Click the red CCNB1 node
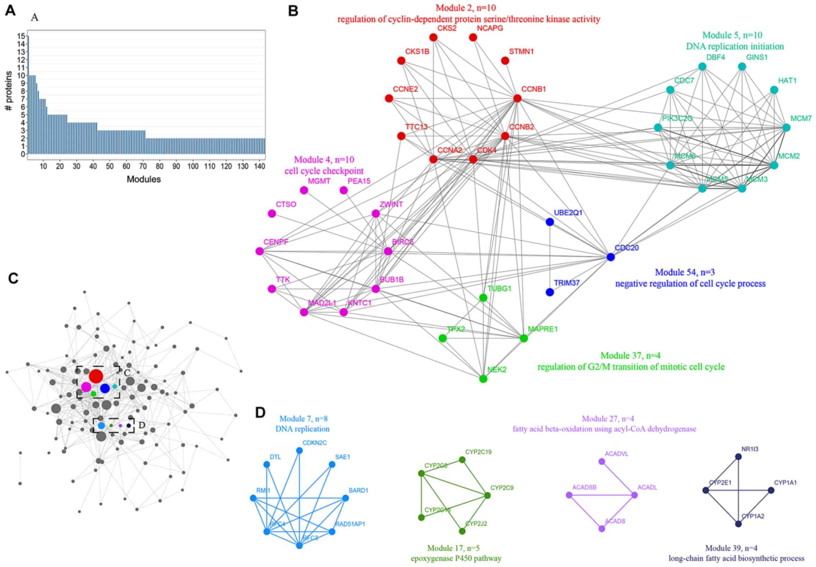pyautogui.click(x=517, y=98)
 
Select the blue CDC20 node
pyautogui.click(x=611, y=257)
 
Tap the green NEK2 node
pyautogui.click(x=483, y=379)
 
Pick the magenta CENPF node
pyautogui.click(x=259, y=252)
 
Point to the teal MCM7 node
pyautogui.click(x=786, y=128)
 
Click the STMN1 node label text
pyautogui.click(x=521, y=52)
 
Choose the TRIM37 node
pyautogui.click(x=550, y=292)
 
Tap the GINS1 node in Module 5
pyautogui.click(x=742, y=67)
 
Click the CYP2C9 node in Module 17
pyautogui.click(x=488, y=495)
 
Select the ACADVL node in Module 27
pyautogui.click(x=602, y=462)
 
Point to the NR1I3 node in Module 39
pyautogui.click(x=738, y=457)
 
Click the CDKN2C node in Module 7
pyautogui.click(x=299, y=451)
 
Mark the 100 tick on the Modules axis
pyautogui.click(x=193, y=166)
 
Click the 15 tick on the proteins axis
pyautogui.click(x=22, y=36)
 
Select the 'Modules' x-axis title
pyautogui.click(x=144, y=179)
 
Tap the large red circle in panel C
pyautogui.click(x=96, y=376)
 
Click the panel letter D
pyautogui.click(x=260, y=413)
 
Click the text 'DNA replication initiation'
pyautogui.click(x=735, y=47)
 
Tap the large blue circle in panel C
pyautogui.click(x=105, y=388)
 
